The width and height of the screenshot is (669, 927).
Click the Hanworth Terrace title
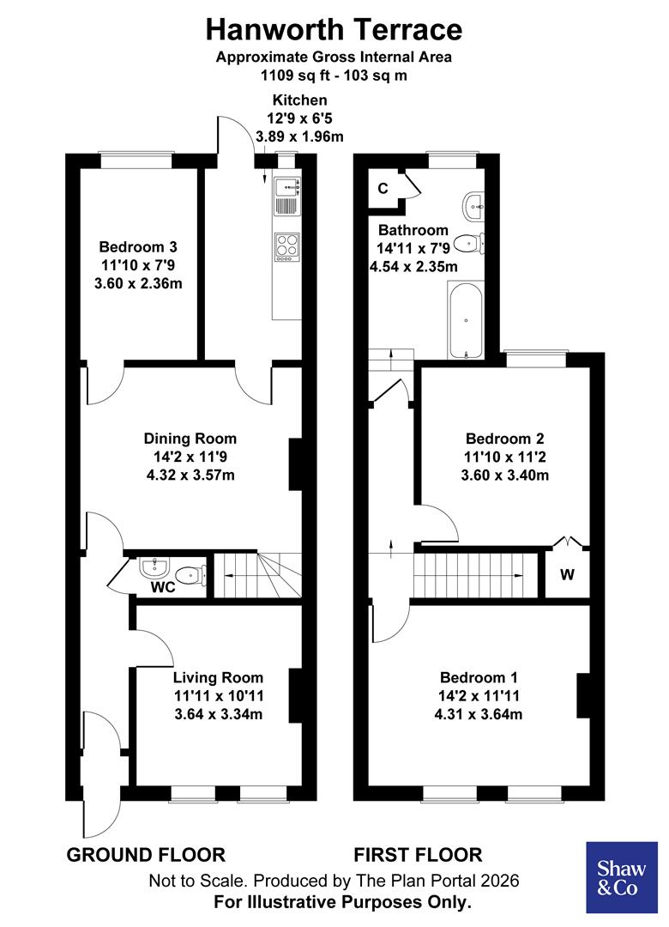334,29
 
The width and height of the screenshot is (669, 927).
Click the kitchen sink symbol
286,197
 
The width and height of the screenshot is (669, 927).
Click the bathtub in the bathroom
466,321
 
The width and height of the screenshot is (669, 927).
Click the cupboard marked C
383,188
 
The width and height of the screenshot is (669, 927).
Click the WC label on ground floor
163,588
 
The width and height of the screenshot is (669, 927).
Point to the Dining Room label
190,439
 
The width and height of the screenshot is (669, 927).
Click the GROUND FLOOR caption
146,855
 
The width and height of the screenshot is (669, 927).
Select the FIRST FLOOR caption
418,855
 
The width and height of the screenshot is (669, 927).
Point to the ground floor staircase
256,574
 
